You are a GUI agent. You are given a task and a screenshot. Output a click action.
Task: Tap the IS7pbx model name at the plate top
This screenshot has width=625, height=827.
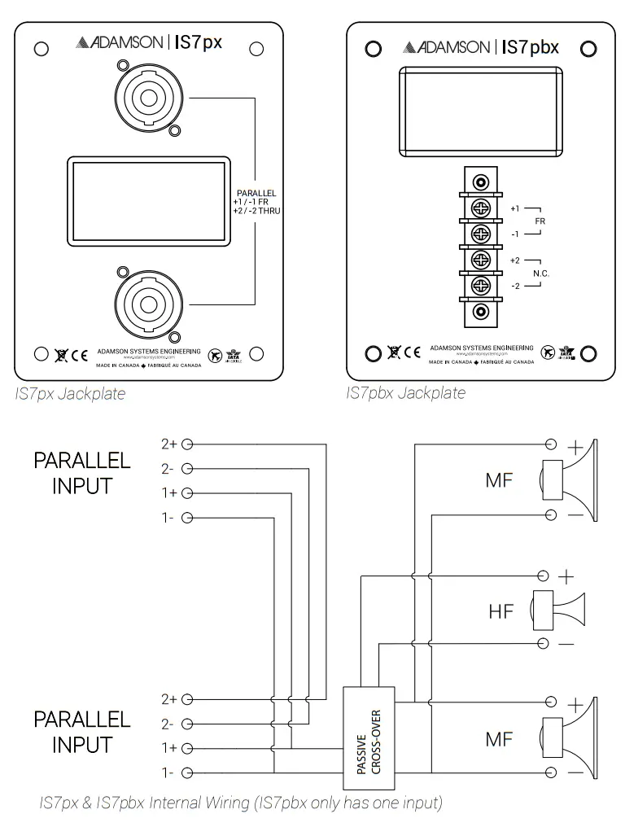pos(530,47)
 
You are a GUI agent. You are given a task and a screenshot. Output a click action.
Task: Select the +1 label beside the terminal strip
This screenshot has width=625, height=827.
pos(515,209)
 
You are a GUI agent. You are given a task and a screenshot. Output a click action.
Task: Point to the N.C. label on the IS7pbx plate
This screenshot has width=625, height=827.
pos(541,273)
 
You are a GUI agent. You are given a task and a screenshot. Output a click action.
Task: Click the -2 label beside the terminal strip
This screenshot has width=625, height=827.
pos(515,287)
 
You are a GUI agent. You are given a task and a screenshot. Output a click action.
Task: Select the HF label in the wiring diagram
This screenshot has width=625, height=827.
pos(501,610)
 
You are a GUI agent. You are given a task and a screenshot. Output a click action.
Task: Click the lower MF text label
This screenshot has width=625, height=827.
pos(499,738)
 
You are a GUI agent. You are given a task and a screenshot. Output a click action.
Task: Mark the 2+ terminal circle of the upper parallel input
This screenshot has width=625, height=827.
pos(188,444)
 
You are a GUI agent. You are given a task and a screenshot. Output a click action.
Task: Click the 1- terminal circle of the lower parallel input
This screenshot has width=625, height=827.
pos(188,772)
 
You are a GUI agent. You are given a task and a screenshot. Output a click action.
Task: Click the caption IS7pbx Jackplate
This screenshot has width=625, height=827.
pos(405,394)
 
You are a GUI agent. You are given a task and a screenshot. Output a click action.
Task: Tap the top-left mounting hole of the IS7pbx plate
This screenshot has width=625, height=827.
pos(373,49)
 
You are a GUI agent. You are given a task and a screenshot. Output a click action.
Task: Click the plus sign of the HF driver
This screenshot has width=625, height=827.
pos(566,577)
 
